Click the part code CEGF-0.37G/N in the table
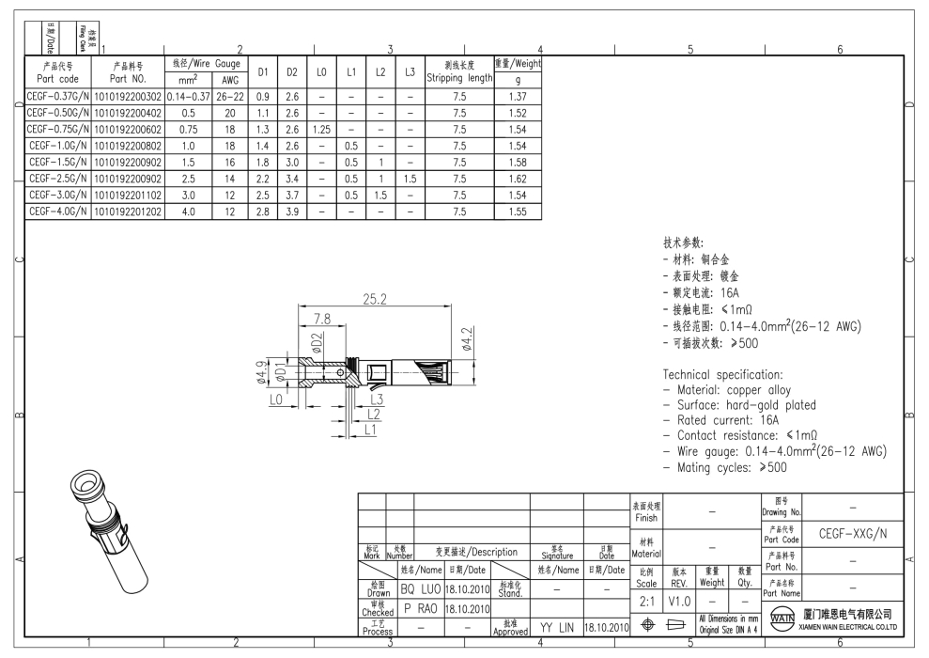point(57,96)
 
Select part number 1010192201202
point(128,212)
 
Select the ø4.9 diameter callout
point(263,375)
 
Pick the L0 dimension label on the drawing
point(275,400)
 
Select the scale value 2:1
point(647,600)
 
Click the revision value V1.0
point(680,600)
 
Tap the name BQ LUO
point(421,589)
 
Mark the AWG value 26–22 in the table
point(230,96)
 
